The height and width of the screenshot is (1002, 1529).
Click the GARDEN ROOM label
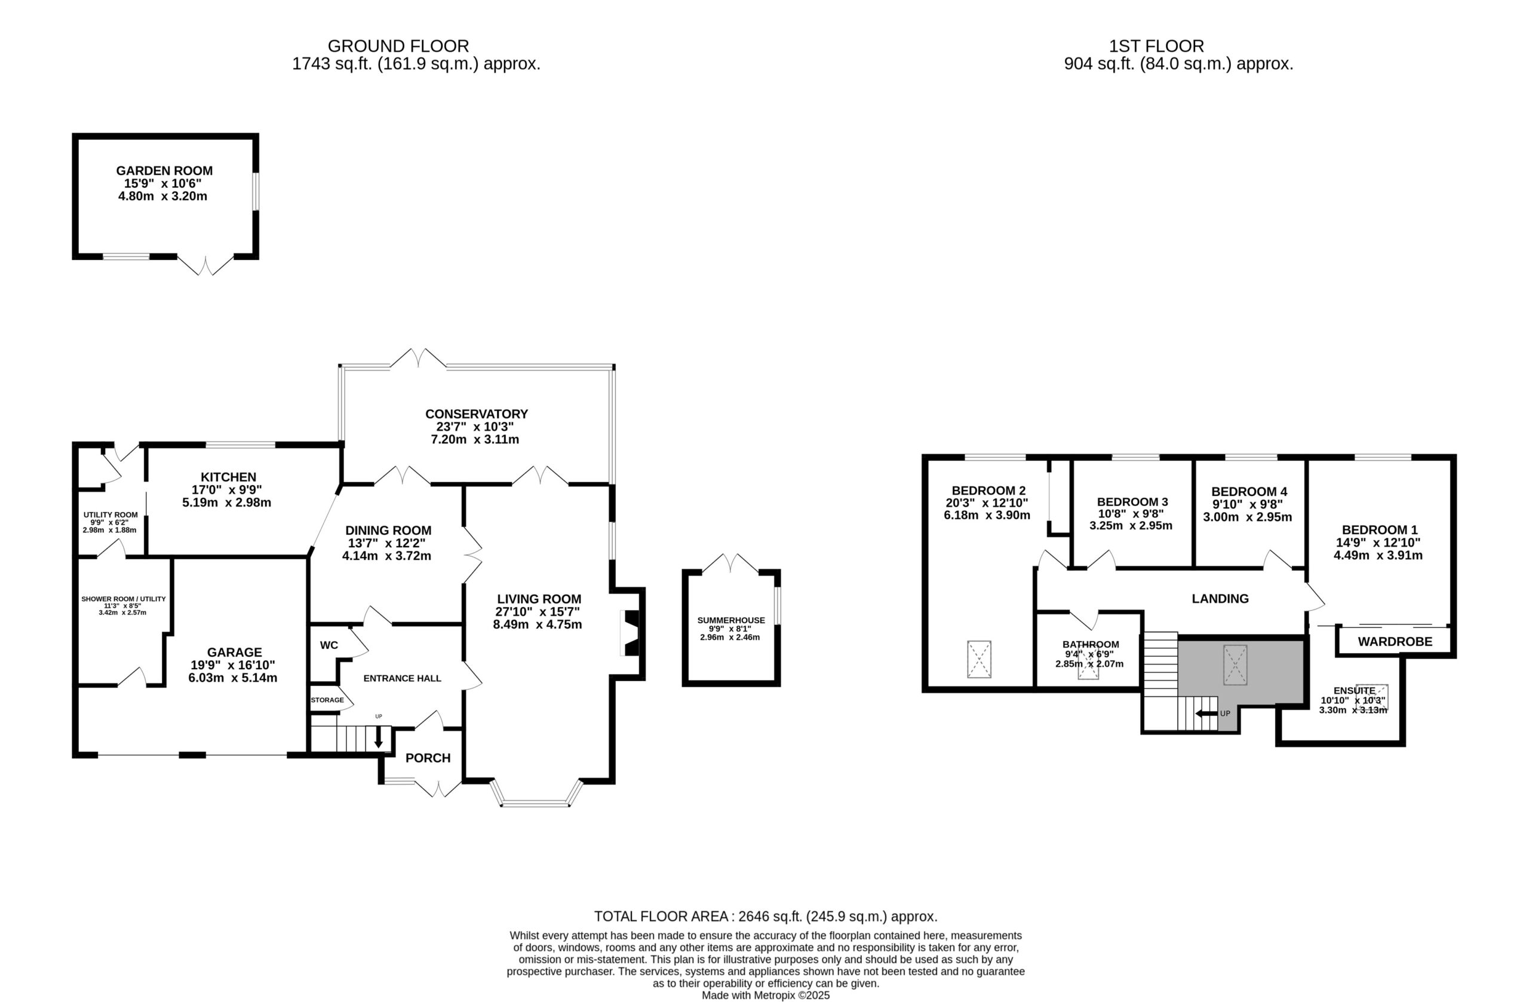164,171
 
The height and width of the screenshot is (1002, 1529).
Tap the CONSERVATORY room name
476,414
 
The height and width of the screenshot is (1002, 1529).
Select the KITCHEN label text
228,477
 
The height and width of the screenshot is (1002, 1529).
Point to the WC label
329,645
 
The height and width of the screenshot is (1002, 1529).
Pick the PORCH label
428,758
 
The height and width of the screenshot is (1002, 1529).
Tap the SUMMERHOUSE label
731,620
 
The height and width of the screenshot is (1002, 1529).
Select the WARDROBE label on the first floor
1395,642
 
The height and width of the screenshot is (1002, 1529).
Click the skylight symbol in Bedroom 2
979,659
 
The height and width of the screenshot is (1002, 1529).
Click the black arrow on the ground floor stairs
379,737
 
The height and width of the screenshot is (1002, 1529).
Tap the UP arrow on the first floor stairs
1206,713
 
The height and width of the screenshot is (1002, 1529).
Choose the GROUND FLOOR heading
398,46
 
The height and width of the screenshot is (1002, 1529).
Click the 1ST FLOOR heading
1156,46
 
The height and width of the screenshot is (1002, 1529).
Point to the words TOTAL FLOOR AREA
661,917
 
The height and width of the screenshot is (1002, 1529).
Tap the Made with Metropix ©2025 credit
766,995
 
